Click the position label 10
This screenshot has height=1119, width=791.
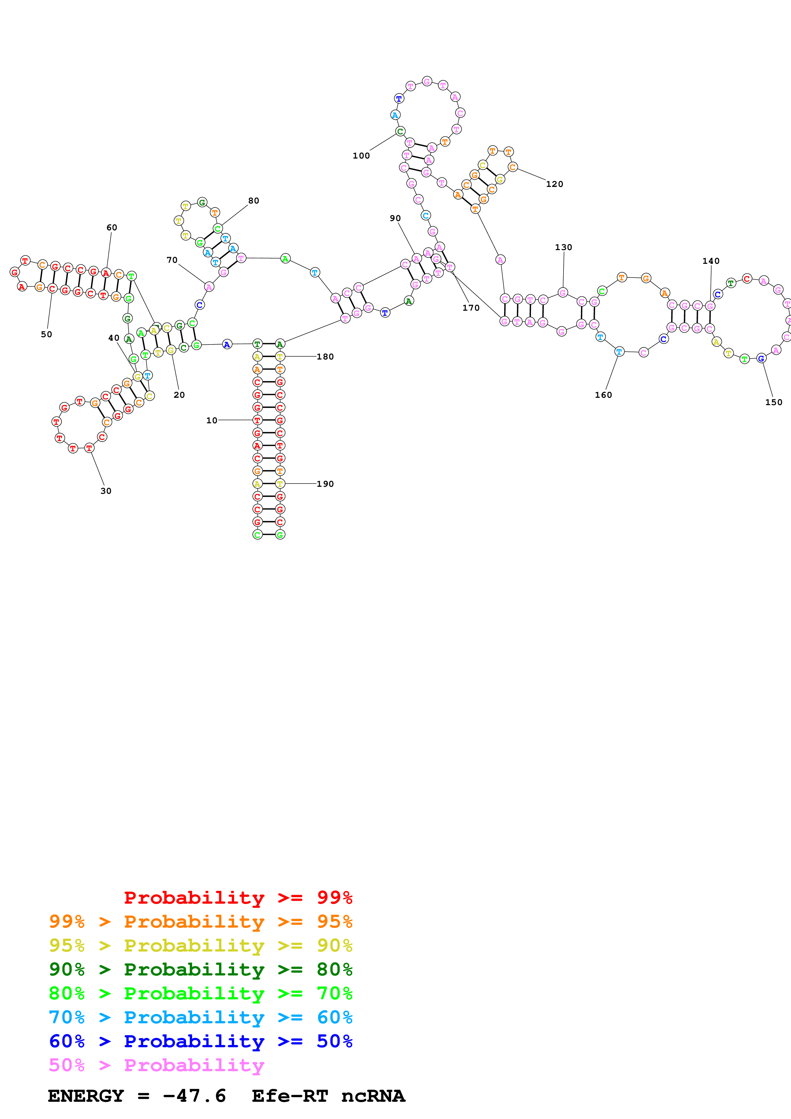(x=212, y=421)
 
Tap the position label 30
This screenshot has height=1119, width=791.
(x=106, y=491)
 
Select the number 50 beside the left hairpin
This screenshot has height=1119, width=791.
(x=46, y=334)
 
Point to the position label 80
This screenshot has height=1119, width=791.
(x=253, y=201)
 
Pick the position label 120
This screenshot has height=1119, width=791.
(x=554, y=184)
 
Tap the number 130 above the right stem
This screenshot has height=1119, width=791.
(x=563, y=248)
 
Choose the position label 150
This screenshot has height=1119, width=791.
(x=773, y=403)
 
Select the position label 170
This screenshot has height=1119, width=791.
(x=471, y=308)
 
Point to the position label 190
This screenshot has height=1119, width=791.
(x=325, y=484)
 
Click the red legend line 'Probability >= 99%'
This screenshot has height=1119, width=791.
(x=238, y=898)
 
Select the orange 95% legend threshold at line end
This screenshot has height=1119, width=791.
(x=334, y=922)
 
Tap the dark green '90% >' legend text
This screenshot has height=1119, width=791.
(x=79, y=969)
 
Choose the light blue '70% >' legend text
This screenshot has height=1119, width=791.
(x=79, y=1017)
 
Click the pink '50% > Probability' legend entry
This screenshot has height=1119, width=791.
(x=156, y=1065)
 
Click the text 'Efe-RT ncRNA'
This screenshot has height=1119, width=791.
(x=328, y=1096)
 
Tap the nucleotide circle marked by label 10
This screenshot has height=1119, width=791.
(x=257, y=420)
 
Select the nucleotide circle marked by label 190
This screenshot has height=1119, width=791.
(x=280, y=484)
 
